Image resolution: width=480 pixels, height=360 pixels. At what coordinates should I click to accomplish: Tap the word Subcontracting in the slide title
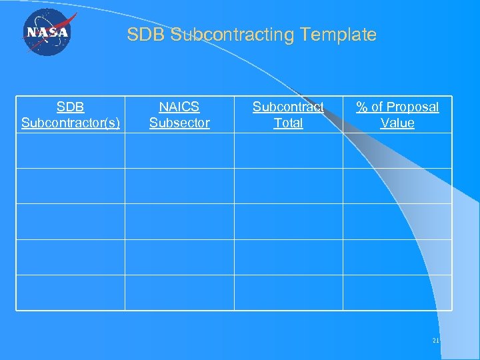pos(233,35)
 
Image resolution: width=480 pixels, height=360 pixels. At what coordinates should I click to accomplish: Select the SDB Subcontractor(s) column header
pos(71,115)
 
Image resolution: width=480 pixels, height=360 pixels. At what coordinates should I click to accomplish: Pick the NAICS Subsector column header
pos(179,115)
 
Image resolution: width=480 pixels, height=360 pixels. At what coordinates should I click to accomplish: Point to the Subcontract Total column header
pos(288,115)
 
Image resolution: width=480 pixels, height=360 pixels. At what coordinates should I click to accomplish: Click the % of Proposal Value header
pos(397,115)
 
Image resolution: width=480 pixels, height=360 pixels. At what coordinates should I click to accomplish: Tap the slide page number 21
pos(435,341)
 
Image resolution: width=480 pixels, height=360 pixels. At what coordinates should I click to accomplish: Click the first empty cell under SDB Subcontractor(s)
pos(71,151)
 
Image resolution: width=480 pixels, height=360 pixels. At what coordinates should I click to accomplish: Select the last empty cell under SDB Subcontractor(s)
pos(71,293)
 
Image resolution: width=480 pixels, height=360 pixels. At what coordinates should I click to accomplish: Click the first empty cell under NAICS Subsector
pos(179,151)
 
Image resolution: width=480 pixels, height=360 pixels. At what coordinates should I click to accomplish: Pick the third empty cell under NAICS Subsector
pos(179,221)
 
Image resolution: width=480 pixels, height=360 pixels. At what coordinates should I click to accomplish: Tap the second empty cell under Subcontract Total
pos(288,186)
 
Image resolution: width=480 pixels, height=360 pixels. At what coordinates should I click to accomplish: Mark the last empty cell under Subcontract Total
pos(288,293)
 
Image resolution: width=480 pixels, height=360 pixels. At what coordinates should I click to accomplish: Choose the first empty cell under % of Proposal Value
pos(397,151)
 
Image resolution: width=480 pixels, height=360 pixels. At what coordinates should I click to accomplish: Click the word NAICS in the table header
pos(179,107)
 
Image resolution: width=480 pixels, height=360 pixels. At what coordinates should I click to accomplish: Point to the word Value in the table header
pos(397,123)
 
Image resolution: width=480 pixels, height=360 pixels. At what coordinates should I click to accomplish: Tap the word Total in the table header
pos(288,123)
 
